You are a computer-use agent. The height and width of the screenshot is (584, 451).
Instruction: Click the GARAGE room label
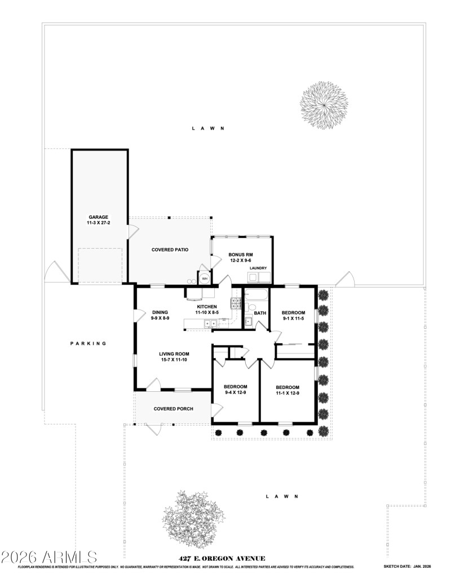[98, 217]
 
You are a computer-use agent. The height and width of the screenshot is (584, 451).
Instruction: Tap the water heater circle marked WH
[205, 278]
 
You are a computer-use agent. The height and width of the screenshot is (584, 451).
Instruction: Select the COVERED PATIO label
[170, 249]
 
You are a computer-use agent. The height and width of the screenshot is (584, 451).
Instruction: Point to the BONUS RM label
[240, 255]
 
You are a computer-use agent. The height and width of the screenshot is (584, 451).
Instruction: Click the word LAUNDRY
[258, 268]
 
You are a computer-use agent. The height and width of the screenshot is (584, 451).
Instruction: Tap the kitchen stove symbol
[236, 304]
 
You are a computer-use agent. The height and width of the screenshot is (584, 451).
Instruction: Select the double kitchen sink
[210, 324]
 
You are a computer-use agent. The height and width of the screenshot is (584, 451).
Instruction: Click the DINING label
[161, 312]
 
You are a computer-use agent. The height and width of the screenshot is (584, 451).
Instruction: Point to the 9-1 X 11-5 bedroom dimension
[293, 319]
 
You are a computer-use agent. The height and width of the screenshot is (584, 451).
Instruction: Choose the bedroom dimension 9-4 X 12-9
[235, 392]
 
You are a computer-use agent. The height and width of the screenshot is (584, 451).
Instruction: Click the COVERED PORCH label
[174, 409]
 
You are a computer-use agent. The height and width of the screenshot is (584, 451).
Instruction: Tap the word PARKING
[88, 343]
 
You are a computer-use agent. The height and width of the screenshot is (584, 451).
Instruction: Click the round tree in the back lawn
[324, 105]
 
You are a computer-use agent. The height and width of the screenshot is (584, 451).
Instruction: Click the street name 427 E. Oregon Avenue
[222, 559]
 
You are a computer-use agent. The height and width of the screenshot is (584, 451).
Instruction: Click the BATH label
[260, 313]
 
